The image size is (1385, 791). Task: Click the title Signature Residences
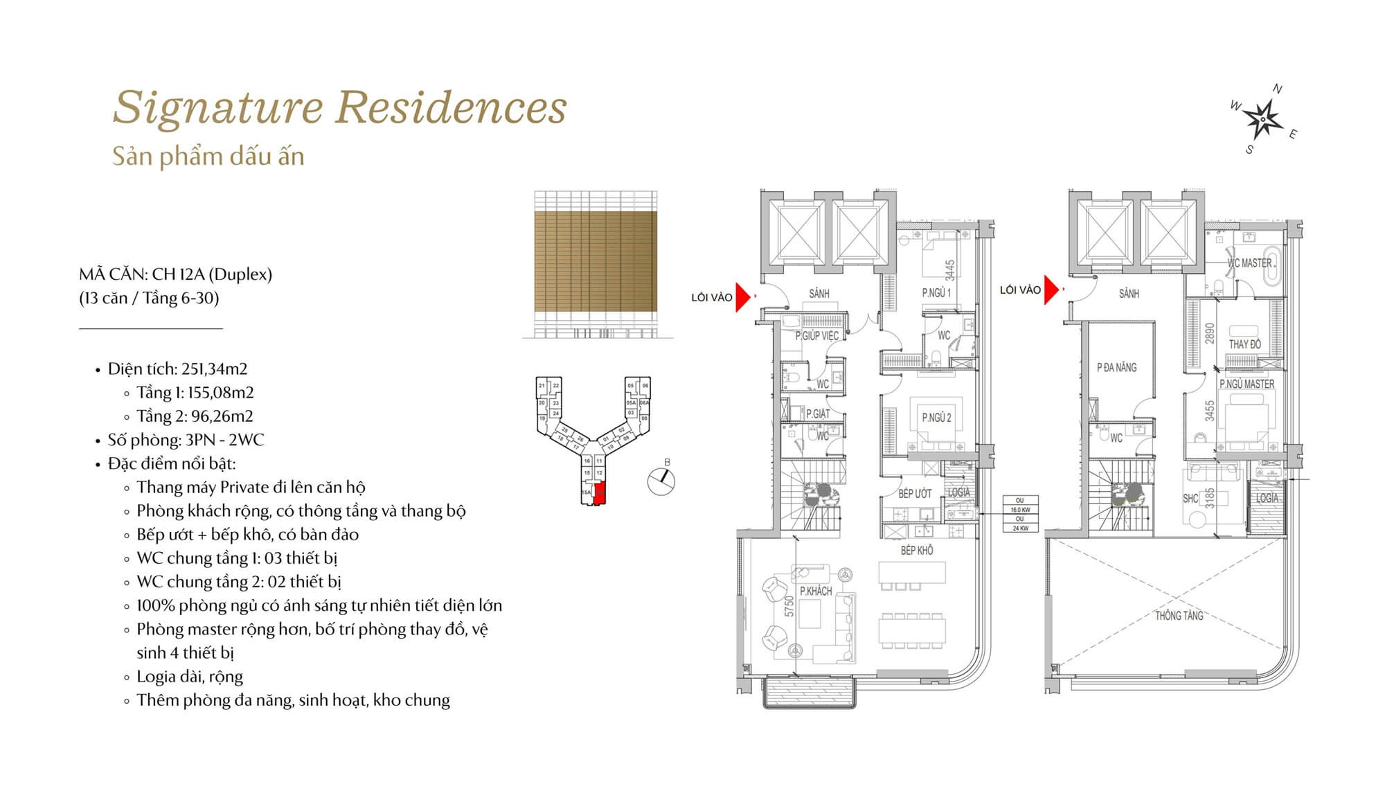click(339, 108)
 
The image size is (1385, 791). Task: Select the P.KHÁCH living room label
click(816, 591)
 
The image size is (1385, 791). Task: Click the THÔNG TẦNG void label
click(1179, 615)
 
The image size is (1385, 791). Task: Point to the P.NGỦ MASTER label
click(1246, 384)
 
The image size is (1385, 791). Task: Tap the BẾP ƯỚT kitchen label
click(915, 493)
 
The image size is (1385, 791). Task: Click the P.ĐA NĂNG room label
click(1116, 367)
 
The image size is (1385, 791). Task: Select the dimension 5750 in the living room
click(789, 607)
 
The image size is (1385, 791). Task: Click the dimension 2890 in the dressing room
click(1210, 333)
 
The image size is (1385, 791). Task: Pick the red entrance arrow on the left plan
click(742, 297)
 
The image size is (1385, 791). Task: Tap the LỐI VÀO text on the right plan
click(1020, 290)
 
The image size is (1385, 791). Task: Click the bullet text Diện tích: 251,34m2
click(177, 368)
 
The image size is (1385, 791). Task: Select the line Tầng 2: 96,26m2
click(195, 416)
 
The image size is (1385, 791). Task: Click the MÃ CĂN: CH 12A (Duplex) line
click(175, 274)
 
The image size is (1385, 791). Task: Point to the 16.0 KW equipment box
click(1020, 509)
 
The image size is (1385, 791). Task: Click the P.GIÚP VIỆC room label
click(816, 335)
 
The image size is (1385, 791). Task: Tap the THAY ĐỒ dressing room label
click(1244, 344)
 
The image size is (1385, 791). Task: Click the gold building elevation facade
click(596, 261)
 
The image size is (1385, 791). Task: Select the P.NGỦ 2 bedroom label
click(936, 418)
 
